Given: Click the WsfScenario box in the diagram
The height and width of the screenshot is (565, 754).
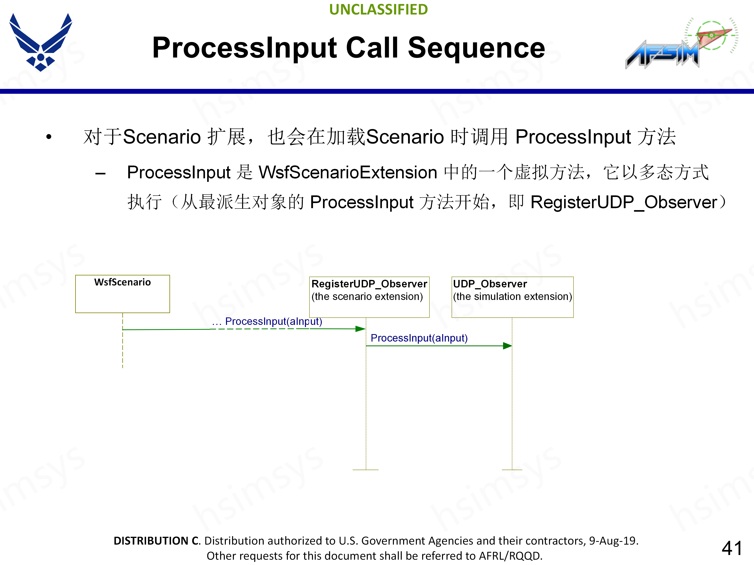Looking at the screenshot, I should pyautogui.click(x=122, y=293).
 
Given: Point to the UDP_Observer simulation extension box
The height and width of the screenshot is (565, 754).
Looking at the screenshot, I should pyautogui.click(x=512, y=297).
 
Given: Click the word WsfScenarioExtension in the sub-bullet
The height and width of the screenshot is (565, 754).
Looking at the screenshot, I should pyautogui.click(x=348, y=172).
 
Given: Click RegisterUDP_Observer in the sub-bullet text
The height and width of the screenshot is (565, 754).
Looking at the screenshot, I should pyautogui.click(x=624, y=202).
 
